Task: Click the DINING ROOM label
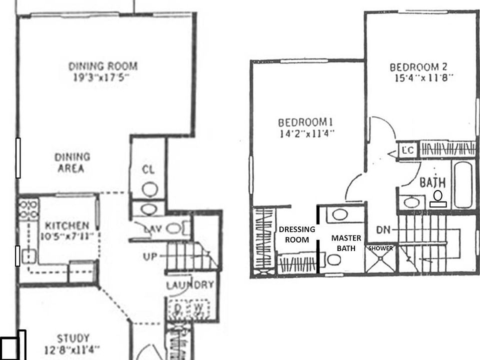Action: (102, 66)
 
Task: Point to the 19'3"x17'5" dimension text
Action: (102, 78)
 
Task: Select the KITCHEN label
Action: (67, 226)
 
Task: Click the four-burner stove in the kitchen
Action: (28, 209)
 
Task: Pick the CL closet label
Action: (148, 170)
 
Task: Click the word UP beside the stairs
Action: (149, 256)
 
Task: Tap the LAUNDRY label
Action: (190, 285)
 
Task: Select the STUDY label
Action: (73, 338)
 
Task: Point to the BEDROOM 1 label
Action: (305, 122)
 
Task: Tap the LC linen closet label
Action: (407, 149)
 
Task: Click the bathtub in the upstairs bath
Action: (463, 184)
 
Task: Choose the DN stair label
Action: (383, 230)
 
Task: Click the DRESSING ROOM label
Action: (297, 234)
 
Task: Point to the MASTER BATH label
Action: (345, 243)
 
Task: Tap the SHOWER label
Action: (381, 248)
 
